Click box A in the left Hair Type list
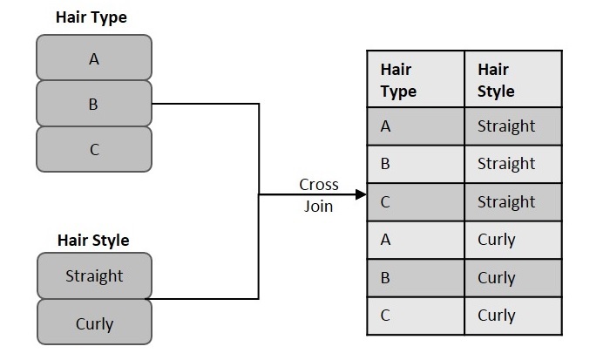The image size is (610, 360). pyautogui.click(x=94, y=58)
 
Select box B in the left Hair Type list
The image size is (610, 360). pyautogui.click(x=94, y=104)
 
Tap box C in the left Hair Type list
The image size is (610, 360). pyautogui.click(x=94, y=149)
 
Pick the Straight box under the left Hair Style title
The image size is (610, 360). pyautogui.click(x=94, y=275)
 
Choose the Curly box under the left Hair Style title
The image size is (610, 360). pyautogui.click(x=94, y=323)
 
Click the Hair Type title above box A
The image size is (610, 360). pyautogui.click(x=91, y=17)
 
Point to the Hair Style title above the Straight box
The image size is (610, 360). pyautogui.click(x=93, y=239)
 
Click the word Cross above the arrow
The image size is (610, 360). pyautogui.click(x=318, y=185)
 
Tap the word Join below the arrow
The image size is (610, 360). pyautogui.click(x=318, y=207)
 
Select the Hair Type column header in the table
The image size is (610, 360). pyautogui.click(x=416, y=79)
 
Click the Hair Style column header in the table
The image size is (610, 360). pyautogui.click(x=513, y=79)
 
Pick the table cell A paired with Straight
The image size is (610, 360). pyautogui.click(x=416, y=126)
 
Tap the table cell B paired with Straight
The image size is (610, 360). pyautogui.click(x=416, y=164)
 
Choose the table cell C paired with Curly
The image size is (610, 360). pyautogui.click(x=416, y=316)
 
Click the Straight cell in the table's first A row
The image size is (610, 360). pyautogui.click(x=513, y=126)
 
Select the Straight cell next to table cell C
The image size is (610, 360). pyautogui.click(x=513, y=201)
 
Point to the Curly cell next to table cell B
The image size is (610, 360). pyautogui.click(x=513, y=277)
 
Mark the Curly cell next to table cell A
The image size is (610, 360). pyautogui.click(x=513, y=240)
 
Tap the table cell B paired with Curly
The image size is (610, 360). pyautogui.click(x=416, y=277)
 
